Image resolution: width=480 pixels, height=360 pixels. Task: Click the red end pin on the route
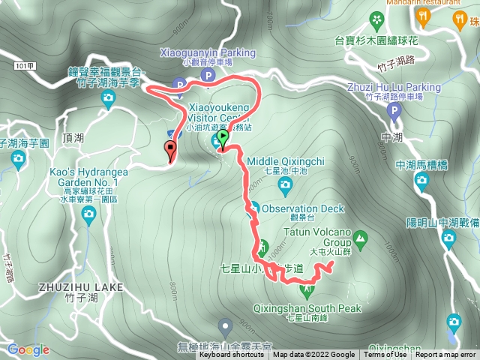(170, 149)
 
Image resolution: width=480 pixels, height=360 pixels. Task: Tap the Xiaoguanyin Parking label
(208, 53)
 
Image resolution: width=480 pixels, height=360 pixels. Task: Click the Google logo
(28, 349)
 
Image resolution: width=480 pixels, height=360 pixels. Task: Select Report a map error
(445, 355)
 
